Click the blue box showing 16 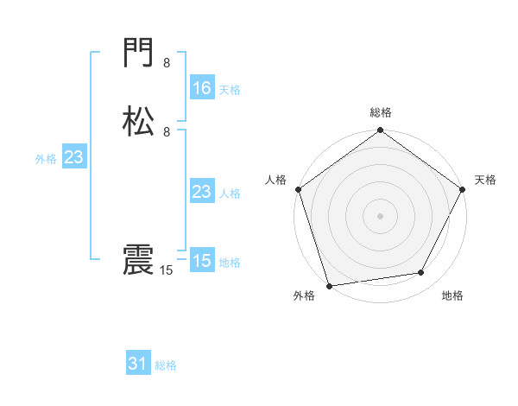[201, 88]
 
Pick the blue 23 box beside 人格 [201, 192]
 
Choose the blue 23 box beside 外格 [73, 157]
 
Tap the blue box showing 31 [138, 365]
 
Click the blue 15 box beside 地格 [201, 261]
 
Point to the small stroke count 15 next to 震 [167, 270]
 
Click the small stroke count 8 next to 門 [167, 63]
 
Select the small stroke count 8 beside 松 [167, 131]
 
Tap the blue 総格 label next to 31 [166, 365]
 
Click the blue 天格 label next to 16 [230, 89]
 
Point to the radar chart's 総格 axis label [380, 112]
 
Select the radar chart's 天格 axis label [485, 180]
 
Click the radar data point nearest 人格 [298, 189]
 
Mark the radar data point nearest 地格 [421, 273]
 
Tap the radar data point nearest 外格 [329, 285]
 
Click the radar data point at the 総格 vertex [380, 130]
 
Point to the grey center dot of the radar [380, 216]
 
